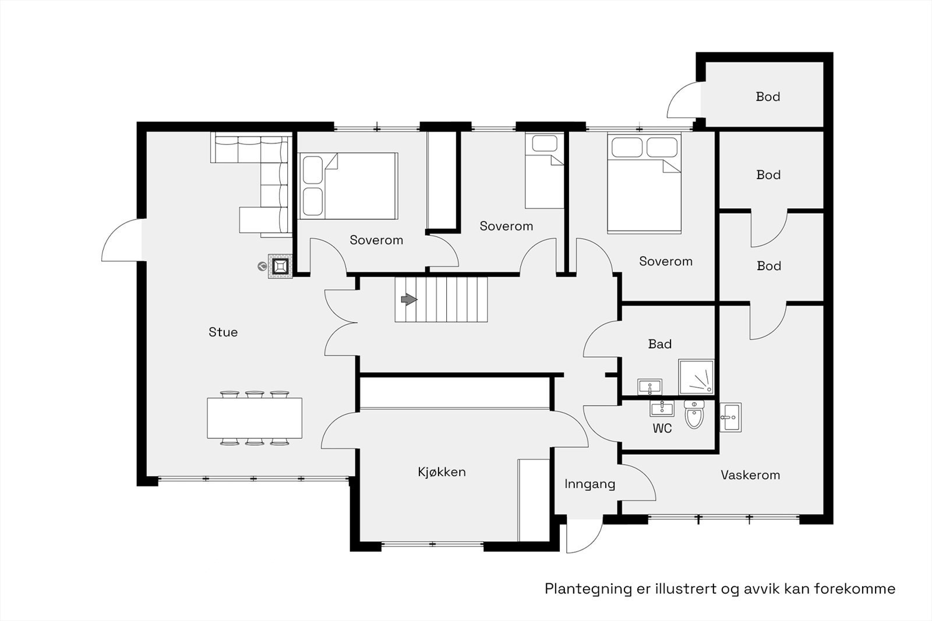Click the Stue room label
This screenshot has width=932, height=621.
tap(223, 332)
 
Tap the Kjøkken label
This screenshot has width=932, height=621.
tap(442, 472)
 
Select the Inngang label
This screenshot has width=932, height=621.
tap(589, 484)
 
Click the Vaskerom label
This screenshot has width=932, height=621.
tap(750, 475)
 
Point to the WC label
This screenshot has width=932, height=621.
tap(662, 428)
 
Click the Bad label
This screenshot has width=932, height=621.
tap(660, 344)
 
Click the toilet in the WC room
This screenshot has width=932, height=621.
tap(694, 414)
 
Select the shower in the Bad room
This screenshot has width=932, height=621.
tap(696, 377)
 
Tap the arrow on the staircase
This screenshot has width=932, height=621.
tap(409, 300)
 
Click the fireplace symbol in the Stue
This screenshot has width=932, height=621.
tap(280, 267)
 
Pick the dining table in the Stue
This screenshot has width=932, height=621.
tap(255, 418)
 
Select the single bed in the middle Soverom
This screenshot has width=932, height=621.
tap(544, 171)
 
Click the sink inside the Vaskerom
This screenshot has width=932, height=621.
tap(730, 417)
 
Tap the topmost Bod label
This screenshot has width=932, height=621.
tap(768, 97)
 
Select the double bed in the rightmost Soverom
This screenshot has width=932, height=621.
tap(644, 183)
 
